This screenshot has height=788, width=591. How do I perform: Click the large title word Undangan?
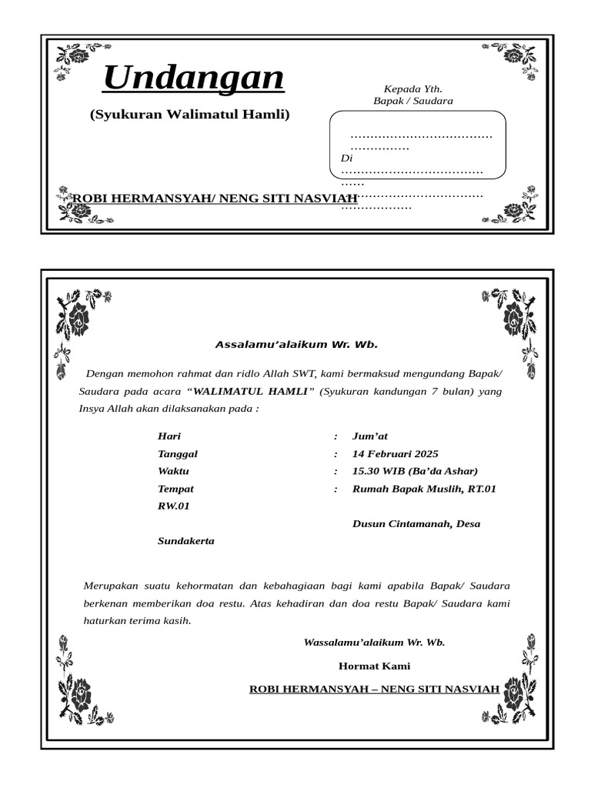point(193,78)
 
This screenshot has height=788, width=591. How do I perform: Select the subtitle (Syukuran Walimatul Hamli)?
point(189,115)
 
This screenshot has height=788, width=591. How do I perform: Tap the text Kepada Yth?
point(412,89)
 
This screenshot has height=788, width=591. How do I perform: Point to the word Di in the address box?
point(346,158)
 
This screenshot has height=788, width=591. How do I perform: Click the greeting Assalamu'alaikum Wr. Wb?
point(296,345)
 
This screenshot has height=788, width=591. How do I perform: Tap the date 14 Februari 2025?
point(395,454)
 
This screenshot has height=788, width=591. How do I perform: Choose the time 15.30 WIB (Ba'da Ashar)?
point(415,471)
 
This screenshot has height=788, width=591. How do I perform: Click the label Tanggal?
point(177,454)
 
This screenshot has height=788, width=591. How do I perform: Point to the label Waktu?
point(173,471)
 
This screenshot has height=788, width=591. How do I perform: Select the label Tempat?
point(175,489)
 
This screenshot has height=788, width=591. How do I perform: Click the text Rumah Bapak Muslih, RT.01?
point(424,489)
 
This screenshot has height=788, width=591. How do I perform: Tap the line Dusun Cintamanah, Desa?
point(416,524)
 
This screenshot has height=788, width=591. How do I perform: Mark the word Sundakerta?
point(186,541)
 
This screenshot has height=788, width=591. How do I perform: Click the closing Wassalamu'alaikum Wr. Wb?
point(374,642)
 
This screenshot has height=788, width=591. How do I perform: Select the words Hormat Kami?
point(374,666)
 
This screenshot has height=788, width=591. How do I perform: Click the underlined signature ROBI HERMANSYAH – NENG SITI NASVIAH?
point(374,688)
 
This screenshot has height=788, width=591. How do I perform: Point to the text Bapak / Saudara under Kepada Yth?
point(412,101)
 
